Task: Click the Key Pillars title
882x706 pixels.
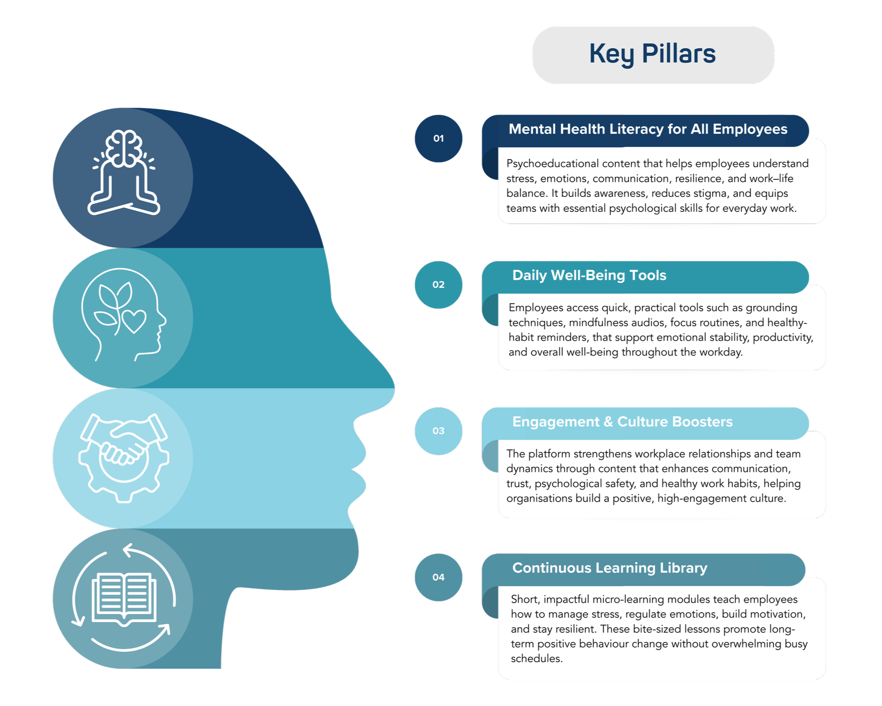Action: [653, 54]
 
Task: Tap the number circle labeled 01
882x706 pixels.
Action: [438, 139]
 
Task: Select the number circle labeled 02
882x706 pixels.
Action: [438, 285]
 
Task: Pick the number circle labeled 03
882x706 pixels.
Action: [438, 431]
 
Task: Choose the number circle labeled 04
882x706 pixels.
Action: [438, 577]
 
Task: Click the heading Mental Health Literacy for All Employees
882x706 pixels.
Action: [648, 130]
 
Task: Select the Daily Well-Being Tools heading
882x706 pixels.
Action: [589, 276]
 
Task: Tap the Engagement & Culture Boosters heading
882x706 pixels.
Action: [622, 422]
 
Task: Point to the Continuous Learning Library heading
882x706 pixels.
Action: [609, 568]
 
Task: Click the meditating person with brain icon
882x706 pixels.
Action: [123, 173]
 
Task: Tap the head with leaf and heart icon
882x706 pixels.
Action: [123, 315]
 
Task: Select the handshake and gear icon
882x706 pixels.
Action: [123, 457]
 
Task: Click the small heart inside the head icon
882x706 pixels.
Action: [134, 321]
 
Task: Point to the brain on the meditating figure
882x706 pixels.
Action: [123, 148]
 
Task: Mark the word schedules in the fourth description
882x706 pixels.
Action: [536, 659]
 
